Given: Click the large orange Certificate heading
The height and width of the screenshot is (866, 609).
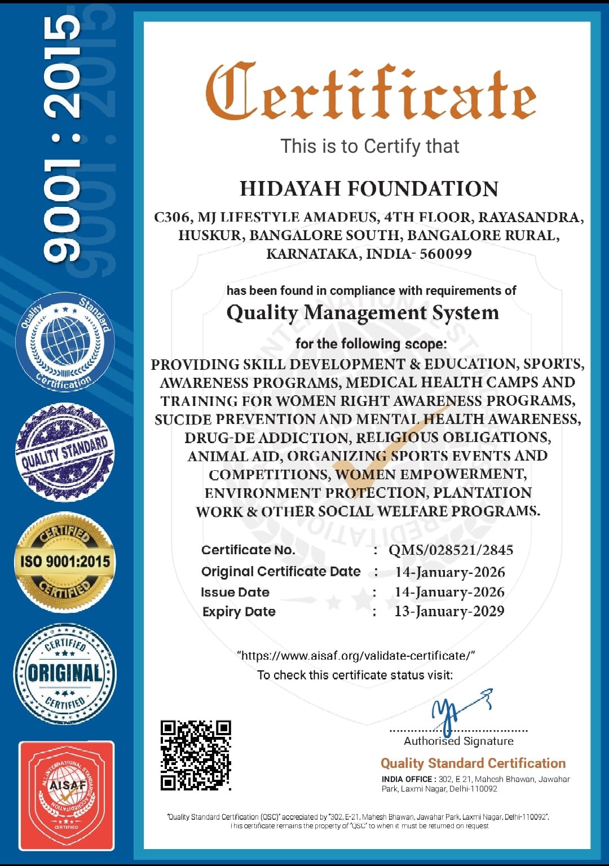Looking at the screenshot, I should click(370, 92).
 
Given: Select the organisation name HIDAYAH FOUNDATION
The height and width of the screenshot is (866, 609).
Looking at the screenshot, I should click(369, 189).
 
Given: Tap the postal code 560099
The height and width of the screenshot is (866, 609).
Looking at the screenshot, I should click(445, 254).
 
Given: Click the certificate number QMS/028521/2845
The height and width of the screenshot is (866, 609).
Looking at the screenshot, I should click(451, 550).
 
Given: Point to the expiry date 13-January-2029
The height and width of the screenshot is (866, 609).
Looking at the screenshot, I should click(449, 612).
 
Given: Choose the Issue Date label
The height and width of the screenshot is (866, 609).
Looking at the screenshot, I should click(235, 593).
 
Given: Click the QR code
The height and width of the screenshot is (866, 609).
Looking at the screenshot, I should click(196, 755).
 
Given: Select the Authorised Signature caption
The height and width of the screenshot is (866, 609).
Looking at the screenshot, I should click(458, 741).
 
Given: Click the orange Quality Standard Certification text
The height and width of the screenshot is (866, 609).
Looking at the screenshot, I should click(473, 763).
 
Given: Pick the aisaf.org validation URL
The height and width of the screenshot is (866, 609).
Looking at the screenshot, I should click(356, 656).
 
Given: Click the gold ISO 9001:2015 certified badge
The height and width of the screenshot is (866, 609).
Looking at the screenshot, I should click(65, 562).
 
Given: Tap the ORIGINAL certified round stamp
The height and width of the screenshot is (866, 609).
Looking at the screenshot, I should click(65, 673).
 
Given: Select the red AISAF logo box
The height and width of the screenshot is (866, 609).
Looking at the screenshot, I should click(67, 795).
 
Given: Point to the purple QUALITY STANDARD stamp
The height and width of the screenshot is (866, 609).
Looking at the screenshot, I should click(65, 452).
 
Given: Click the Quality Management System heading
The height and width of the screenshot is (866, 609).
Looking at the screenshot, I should click(363, 312).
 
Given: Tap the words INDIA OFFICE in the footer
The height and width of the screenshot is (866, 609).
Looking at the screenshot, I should click(407, 779).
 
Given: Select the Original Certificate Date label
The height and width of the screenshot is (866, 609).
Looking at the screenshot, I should click(281, 572).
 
